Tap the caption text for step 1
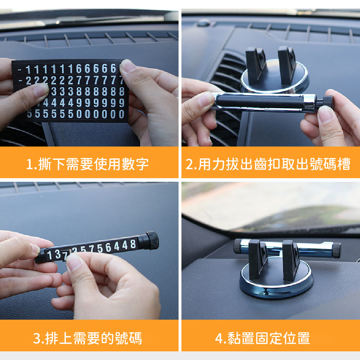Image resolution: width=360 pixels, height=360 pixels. (x=87, y=164)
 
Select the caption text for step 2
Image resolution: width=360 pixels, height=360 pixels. (x=268, y=164)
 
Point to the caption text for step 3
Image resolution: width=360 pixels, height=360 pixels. (x=87, y=338)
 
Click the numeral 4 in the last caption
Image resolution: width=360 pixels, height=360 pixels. (x=219, y=338)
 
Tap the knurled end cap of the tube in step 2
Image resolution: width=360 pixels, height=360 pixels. (x=328, y=102)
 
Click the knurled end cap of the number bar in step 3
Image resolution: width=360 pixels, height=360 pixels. (x=152, y=240)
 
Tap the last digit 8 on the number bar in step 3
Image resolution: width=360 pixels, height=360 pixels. (x=133, y=244)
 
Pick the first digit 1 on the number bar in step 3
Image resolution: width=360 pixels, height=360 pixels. (x=49, y=255)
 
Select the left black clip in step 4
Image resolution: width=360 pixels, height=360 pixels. (x=258, y=260)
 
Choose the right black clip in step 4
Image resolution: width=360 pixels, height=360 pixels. (x=291, y=261)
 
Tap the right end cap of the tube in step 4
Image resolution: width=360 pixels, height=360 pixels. (x=336, y=250)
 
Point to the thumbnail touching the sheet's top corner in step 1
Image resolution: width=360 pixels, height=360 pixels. (x=128, y=66)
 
